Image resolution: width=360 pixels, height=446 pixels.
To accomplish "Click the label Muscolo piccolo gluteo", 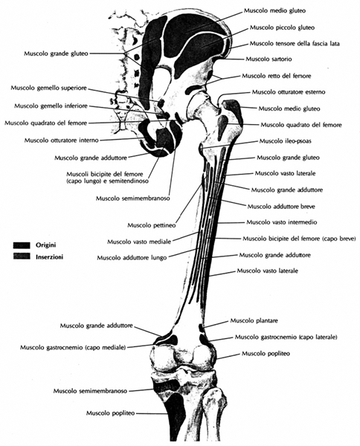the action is tap(282, 28).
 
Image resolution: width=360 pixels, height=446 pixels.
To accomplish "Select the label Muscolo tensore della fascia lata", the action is tap(295, 44).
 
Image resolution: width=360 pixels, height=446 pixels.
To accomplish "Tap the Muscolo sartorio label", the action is tap(269, 59).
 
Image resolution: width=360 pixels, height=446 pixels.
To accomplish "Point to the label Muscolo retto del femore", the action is tap(277, 76).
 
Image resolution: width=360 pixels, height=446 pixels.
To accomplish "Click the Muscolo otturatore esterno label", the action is tap(289, 92).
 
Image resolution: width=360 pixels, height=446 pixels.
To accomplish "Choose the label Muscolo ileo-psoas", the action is tap(285, 141).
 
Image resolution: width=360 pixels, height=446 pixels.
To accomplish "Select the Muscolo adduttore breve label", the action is tap(281, 206).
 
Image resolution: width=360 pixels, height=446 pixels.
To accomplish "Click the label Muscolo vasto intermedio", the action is tap(281, 222).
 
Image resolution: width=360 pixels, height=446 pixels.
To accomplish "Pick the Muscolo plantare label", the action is tap(254, 321).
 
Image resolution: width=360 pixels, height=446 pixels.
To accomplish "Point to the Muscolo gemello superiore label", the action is tap(48, 88).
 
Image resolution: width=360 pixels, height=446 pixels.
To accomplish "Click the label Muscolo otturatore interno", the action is tap(61, 140).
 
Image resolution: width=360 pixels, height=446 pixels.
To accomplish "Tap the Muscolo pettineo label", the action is tap(151, 225).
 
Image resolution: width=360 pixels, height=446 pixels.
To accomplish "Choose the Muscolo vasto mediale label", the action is tap(139, 242).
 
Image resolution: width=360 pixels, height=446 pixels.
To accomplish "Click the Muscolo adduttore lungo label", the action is tap(132, 258).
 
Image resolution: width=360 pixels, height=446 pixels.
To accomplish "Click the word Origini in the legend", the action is tap(45, 245).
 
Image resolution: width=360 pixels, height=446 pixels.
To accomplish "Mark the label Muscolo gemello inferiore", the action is tap(51, 106).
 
